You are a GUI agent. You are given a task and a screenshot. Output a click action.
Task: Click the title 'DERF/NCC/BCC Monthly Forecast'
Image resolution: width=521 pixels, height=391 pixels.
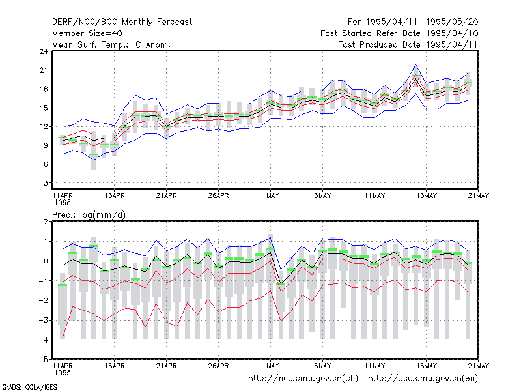tap(122, 22)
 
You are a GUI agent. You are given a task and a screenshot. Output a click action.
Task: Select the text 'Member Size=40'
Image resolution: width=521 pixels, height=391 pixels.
tap(87, 33)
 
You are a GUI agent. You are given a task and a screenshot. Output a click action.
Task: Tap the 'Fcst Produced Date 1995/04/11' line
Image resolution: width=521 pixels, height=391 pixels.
tap(408, 44)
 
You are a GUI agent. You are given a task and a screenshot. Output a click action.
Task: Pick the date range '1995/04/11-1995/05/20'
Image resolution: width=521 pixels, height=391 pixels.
tap(422, 22)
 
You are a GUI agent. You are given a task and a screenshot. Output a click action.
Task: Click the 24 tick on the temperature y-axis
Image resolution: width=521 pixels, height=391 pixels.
tap(44, 51)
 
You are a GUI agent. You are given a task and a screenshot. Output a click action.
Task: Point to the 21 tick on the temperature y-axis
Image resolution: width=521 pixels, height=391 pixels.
tap(44, 70)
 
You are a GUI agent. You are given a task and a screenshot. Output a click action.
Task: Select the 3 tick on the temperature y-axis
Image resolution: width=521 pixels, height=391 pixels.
tap(46, 183)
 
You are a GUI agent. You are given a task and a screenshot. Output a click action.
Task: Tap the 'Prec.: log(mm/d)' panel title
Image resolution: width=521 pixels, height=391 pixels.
tap(89, 215)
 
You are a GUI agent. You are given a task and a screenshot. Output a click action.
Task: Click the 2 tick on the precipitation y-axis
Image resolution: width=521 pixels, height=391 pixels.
tap(46, 222)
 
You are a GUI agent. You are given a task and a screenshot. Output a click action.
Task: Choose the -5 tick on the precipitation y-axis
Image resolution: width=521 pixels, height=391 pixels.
tap(44, 360)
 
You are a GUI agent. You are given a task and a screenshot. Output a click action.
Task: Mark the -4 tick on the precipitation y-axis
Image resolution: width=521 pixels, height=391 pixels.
tap(44, 340)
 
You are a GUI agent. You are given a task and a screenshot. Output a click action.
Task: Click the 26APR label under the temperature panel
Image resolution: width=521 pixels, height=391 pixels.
tap(219, 196)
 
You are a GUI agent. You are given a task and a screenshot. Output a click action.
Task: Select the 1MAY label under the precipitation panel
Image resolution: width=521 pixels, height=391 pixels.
tap(270, 366)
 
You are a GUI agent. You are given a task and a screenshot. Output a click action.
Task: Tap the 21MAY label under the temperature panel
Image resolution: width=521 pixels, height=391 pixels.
tap(479, 196)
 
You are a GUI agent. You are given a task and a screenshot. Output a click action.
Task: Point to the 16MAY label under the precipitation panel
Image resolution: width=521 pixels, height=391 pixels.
tap(427, 366)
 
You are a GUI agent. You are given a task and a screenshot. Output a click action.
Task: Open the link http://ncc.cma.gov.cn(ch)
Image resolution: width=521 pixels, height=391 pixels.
tap(303, 379)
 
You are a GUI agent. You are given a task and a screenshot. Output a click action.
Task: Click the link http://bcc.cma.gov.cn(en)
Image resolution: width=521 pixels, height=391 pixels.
tap(423, 379)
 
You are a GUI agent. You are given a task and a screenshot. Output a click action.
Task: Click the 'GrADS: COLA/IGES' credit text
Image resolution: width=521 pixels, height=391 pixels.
tap(29, 387)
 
